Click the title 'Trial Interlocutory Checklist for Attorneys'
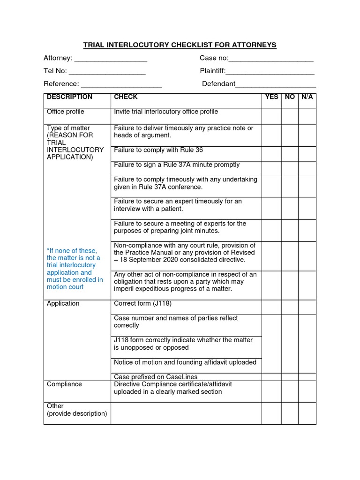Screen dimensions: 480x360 pos(180,45)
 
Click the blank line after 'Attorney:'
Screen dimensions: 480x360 pos(111,59)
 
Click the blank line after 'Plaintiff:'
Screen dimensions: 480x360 pos(270,72)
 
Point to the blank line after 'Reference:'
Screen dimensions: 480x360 pos(121,85)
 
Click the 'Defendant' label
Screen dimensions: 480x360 pos(218,84)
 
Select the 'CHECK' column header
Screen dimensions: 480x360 pos(126,97)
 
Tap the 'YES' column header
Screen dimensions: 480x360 pos(271,97)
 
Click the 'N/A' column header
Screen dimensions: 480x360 pos(307,97)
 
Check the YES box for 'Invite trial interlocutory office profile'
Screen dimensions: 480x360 pos(271,116)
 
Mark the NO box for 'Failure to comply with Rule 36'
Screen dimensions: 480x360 pos(290,154)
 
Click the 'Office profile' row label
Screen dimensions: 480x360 pos(66,112)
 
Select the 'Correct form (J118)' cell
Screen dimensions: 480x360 pos(143,304)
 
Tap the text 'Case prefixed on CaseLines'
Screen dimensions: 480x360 pos(156,377)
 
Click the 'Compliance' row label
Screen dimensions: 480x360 pos(64,384)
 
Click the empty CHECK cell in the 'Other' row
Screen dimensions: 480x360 pos(186,413)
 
